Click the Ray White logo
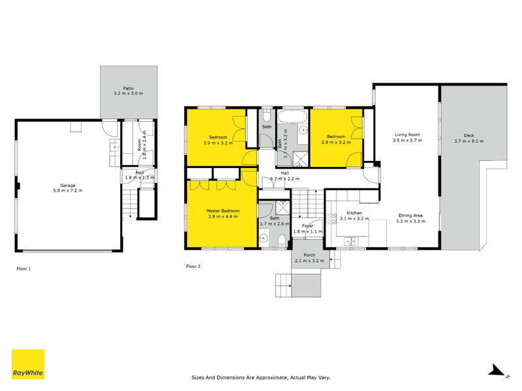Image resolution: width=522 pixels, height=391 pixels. [28, 364]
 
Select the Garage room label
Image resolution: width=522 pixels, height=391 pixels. [69, 185]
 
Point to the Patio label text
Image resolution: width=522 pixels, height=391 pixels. [128, 89]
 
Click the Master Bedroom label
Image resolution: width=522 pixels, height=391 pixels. [222, 211]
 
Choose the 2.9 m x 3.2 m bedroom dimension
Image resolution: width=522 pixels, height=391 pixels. [336, 142]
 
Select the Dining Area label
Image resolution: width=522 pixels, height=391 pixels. [411, 215]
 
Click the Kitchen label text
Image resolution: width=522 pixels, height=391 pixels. [354, 213]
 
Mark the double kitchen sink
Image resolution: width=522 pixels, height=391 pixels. [352, 242]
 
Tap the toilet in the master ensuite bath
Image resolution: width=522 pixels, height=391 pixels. [280, 243]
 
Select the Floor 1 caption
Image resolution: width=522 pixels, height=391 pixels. [23, 268]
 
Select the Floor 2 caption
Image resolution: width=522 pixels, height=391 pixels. [193, 266]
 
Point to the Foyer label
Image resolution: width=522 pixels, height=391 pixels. [308, 225]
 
